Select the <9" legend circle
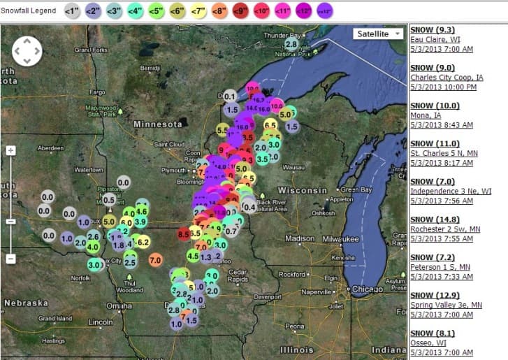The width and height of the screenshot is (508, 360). pos(241,11)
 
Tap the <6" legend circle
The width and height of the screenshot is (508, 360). pos(178,11)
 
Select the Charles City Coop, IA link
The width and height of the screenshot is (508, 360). pos(446,78)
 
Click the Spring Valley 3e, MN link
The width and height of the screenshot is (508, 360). pos(446,305)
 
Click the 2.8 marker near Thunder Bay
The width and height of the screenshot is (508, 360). pos(291,43)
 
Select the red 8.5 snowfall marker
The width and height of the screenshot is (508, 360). pos(184,233)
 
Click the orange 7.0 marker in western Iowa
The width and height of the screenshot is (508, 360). pos(155,259)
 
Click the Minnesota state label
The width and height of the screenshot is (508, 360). pos(158,124)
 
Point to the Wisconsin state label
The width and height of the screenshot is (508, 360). pos(303,190)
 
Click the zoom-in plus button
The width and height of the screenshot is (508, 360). pos(10,150)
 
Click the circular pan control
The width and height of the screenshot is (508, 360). pos(27,50)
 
